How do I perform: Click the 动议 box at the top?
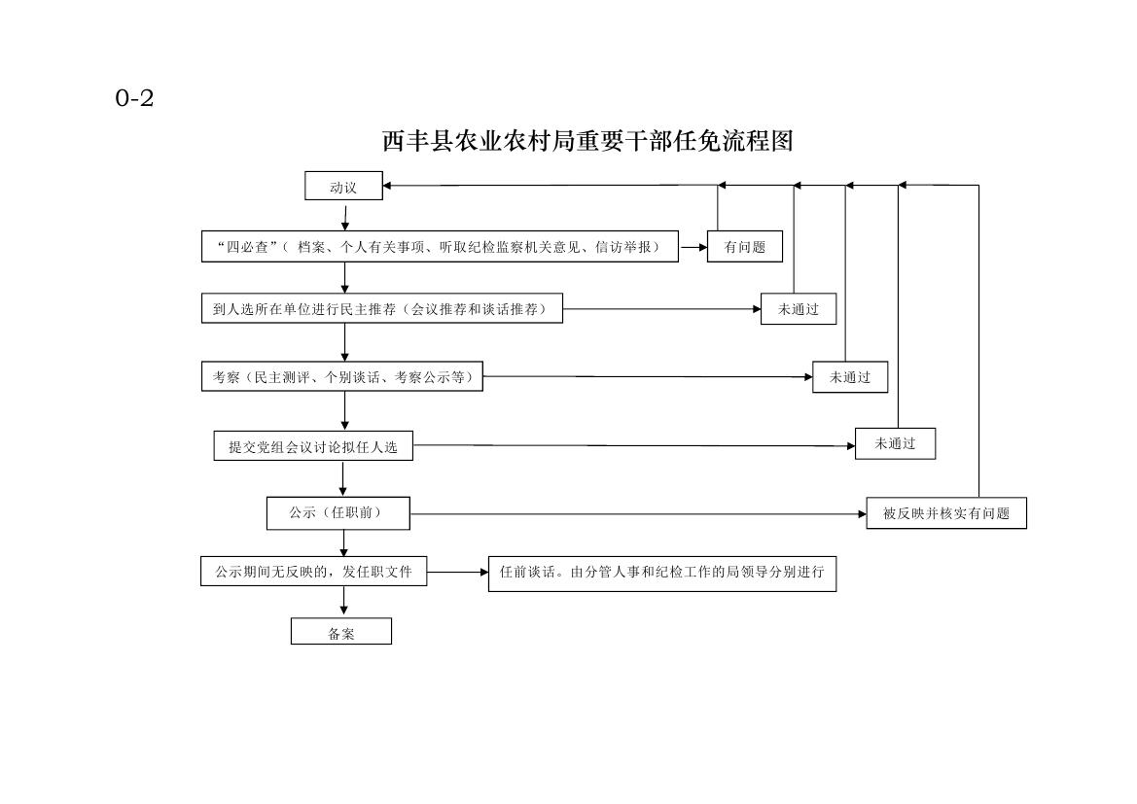point(343,186)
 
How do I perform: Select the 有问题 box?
point(745,247)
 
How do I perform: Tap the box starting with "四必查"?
point(440,247)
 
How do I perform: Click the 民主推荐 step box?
point(381,308)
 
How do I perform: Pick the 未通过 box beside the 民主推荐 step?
point(799,309)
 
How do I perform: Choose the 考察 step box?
point(341,377)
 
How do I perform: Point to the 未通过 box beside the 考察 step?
point(850,377)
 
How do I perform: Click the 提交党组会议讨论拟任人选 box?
point(313,446)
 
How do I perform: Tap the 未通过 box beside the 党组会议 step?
point(895,443)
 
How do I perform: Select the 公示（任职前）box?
point(338,512)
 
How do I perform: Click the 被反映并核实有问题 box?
point(946,513)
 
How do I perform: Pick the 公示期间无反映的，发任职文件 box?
point(313,572)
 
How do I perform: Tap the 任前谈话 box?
point(662,573)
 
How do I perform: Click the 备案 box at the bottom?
point(340,632)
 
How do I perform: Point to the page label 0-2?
point(135,98)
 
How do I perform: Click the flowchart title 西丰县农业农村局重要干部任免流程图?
point(588,141)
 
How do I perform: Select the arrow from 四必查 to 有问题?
point(693,247)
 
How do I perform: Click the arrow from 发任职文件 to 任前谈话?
point(457,572)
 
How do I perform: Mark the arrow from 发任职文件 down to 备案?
point(343,602)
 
